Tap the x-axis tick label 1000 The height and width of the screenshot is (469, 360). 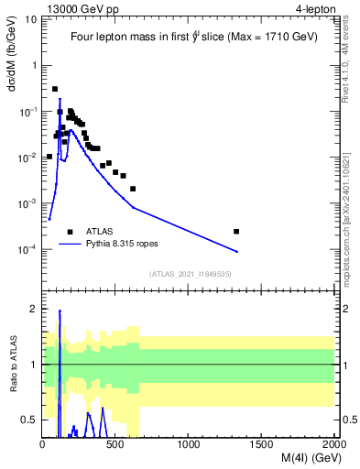tap(189, 445)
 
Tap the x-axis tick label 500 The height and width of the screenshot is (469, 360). tap(115, 445)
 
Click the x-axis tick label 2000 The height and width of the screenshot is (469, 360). tap(333, 445)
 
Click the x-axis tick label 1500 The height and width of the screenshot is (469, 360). tap(262, 445)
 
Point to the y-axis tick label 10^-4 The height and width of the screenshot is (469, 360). tap(27, 248)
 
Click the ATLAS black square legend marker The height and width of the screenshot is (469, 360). tap(70, 232)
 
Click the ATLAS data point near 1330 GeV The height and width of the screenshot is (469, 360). tap(236, 231)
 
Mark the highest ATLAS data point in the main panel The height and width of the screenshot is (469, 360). tap(55, 89)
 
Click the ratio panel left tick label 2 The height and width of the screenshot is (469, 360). tap(33, 309)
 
